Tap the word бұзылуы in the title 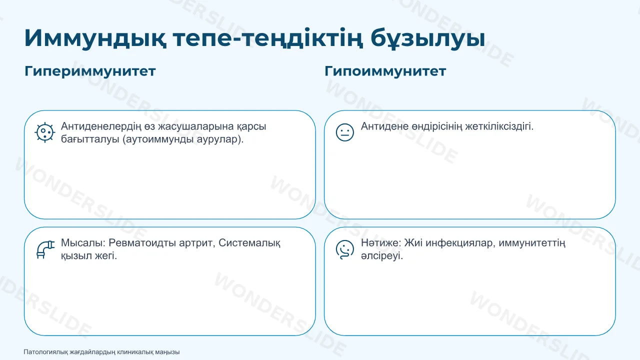427,38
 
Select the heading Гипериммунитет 90,71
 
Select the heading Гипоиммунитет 385,71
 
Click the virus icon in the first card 44,132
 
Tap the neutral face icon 345,132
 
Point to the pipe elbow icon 45,249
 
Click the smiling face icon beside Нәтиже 345,249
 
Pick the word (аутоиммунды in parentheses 158,139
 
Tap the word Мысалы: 83,243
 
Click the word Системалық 249,243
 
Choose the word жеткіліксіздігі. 499,126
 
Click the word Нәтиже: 381,243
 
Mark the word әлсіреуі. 381,255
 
